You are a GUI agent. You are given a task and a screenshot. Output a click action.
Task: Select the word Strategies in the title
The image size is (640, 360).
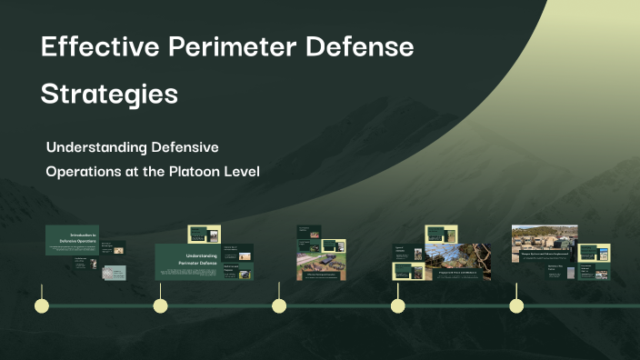coord(109,94)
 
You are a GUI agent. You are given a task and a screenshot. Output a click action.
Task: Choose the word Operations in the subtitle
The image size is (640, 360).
coord(83,172)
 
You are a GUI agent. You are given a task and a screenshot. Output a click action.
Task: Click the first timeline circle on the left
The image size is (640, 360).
coord(41,305)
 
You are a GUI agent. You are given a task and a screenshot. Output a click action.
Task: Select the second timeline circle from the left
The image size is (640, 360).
coord(160,305)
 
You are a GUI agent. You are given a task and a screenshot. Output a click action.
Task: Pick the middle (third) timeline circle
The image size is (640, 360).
coord(279,305)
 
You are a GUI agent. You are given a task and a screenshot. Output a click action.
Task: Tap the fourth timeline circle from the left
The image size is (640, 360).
coord(397,305)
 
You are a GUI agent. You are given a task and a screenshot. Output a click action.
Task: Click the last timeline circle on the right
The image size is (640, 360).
coord(515,305)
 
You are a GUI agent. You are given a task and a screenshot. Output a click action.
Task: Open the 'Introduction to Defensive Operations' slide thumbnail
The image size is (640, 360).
coord(72,240)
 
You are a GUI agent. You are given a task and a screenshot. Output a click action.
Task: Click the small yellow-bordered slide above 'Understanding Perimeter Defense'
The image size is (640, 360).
coord(204,234)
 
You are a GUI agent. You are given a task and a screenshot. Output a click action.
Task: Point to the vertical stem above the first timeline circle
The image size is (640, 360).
coord(41,286)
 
